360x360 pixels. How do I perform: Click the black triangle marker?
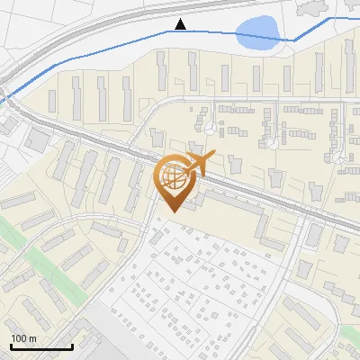coord(181,23)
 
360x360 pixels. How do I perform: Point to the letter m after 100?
coord(32,338)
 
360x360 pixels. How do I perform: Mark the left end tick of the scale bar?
coord(11,346)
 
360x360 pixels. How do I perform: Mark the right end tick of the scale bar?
coord(72,346)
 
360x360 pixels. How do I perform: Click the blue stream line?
coord(108,47)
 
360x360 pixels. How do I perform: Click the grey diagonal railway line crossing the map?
coord(99,140)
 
